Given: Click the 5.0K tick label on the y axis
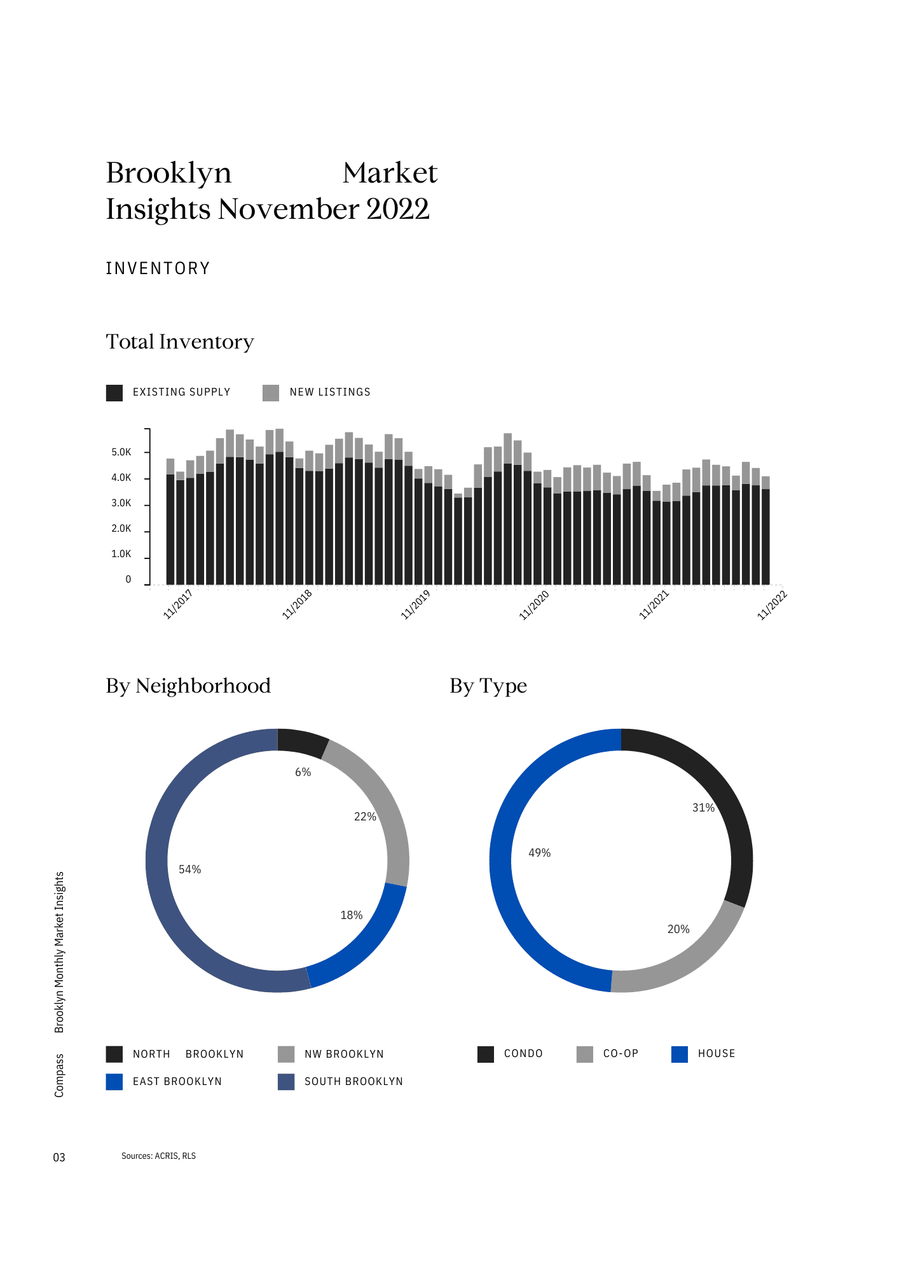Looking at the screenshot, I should coord(121,452).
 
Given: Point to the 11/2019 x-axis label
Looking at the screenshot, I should coord(416,604).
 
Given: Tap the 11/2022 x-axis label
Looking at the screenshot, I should coord(772,605).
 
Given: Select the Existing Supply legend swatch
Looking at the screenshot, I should coord(114,393).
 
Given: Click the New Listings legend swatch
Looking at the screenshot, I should coord(271,393).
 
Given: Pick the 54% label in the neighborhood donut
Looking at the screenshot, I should coord(189,869).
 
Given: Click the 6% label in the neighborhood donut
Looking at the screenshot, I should coord(303,772).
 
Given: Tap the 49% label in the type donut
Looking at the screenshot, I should coord(539,853).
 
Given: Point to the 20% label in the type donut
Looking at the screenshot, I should coord(678,929).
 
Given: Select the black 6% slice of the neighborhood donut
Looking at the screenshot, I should coord(302,742).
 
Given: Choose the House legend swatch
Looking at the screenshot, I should coord(680,1054).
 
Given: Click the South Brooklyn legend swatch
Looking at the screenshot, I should coord(286,1081).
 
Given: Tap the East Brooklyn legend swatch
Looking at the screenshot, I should coord(114,1081).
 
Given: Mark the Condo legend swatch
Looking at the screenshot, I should coord(486,1054).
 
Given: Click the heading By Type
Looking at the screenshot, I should coord(488,686).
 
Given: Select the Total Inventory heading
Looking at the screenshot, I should coord(180,342).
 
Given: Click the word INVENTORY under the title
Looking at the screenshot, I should coord(158,268).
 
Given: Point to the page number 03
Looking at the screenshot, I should coord(59,1157).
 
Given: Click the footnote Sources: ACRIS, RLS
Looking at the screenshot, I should coord(158,1156).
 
